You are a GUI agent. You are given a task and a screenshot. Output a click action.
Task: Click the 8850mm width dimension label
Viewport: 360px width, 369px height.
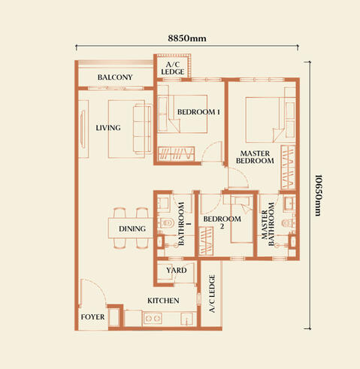pyautogui.click(x=187, y=38)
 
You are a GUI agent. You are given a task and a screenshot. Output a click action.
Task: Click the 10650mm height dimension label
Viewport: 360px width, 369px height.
pyautogui.click(x=318, y=195)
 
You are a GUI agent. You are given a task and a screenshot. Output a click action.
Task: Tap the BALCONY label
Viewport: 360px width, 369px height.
pyautogui.click(x=115, y=77)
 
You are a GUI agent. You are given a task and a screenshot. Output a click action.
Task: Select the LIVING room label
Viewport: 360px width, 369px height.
pyautogui.click(x=108, y=128)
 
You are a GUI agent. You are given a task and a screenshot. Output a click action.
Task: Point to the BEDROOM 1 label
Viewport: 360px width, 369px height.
pyautogui.click(x=198, y=112)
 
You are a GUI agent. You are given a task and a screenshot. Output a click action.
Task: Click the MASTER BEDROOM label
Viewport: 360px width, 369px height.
pyautogui.click(x=255, y=157)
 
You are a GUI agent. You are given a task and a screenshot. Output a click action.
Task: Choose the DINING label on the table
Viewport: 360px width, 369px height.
pyautogui.click(x=132, y=228)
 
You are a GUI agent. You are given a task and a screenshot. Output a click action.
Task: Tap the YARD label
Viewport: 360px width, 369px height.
pyautogui.click(x=177, y=270)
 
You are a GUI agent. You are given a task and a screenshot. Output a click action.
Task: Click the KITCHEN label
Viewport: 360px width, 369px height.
pyautogui.click(x=163, y=301)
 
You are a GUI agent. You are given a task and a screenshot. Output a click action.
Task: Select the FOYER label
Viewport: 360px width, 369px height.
pyautogui.click(x=92, y=317)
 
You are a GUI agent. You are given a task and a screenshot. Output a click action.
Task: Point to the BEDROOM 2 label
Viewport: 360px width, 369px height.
pyautogui.click(x=222, y=222)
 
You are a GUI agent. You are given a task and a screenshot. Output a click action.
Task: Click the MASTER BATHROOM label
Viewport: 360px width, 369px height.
pyautogui.click(x=268, y=224)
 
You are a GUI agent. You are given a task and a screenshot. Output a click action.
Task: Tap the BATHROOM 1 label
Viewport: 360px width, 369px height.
pyautogui.click(x=184, y=224)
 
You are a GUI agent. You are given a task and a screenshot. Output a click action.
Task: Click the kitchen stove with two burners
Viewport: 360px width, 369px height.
pyautogui.click(x=153, y=318)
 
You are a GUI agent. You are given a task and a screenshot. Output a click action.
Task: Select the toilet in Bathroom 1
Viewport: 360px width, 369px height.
pyautogui.click(x=167, y=222)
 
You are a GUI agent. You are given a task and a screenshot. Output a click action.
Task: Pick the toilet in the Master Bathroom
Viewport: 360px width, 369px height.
pyautogui.click(x=288, y=223)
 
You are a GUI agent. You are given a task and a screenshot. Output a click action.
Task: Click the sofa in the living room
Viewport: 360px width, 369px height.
pyautogui.click(x=142, y=129)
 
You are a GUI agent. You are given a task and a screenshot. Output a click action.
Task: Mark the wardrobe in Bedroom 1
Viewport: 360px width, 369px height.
pyautogui.click(x=176, y=153)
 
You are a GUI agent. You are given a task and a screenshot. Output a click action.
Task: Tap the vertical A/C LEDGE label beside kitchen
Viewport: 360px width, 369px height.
pyautogui.click(x=212, y=294)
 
